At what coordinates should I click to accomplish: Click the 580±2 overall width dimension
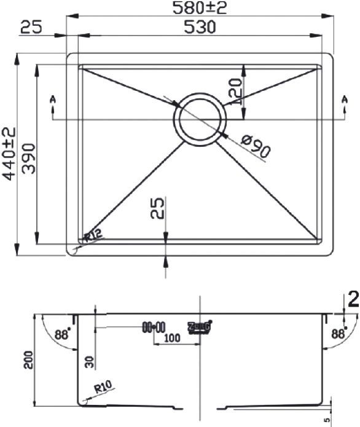tap(200, 9)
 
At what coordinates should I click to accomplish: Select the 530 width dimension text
tap(200, 27)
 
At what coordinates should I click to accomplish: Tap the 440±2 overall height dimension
tap(9, 154)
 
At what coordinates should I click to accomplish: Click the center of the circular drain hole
tap(198, 119)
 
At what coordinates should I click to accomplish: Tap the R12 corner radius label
tap(93, 233)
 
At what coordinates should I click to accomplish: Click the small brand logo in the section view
tap(200, 327)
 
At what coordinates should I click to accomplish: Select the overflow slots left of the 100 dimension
tap(154, 327)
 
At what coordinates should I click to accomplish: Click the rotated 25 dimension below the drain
tap(158, 210)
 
